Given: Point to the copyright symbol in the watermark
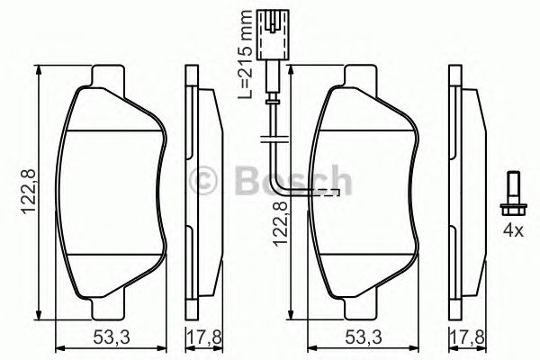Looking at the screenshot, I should pyautogui.click(x=207, y=180).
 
